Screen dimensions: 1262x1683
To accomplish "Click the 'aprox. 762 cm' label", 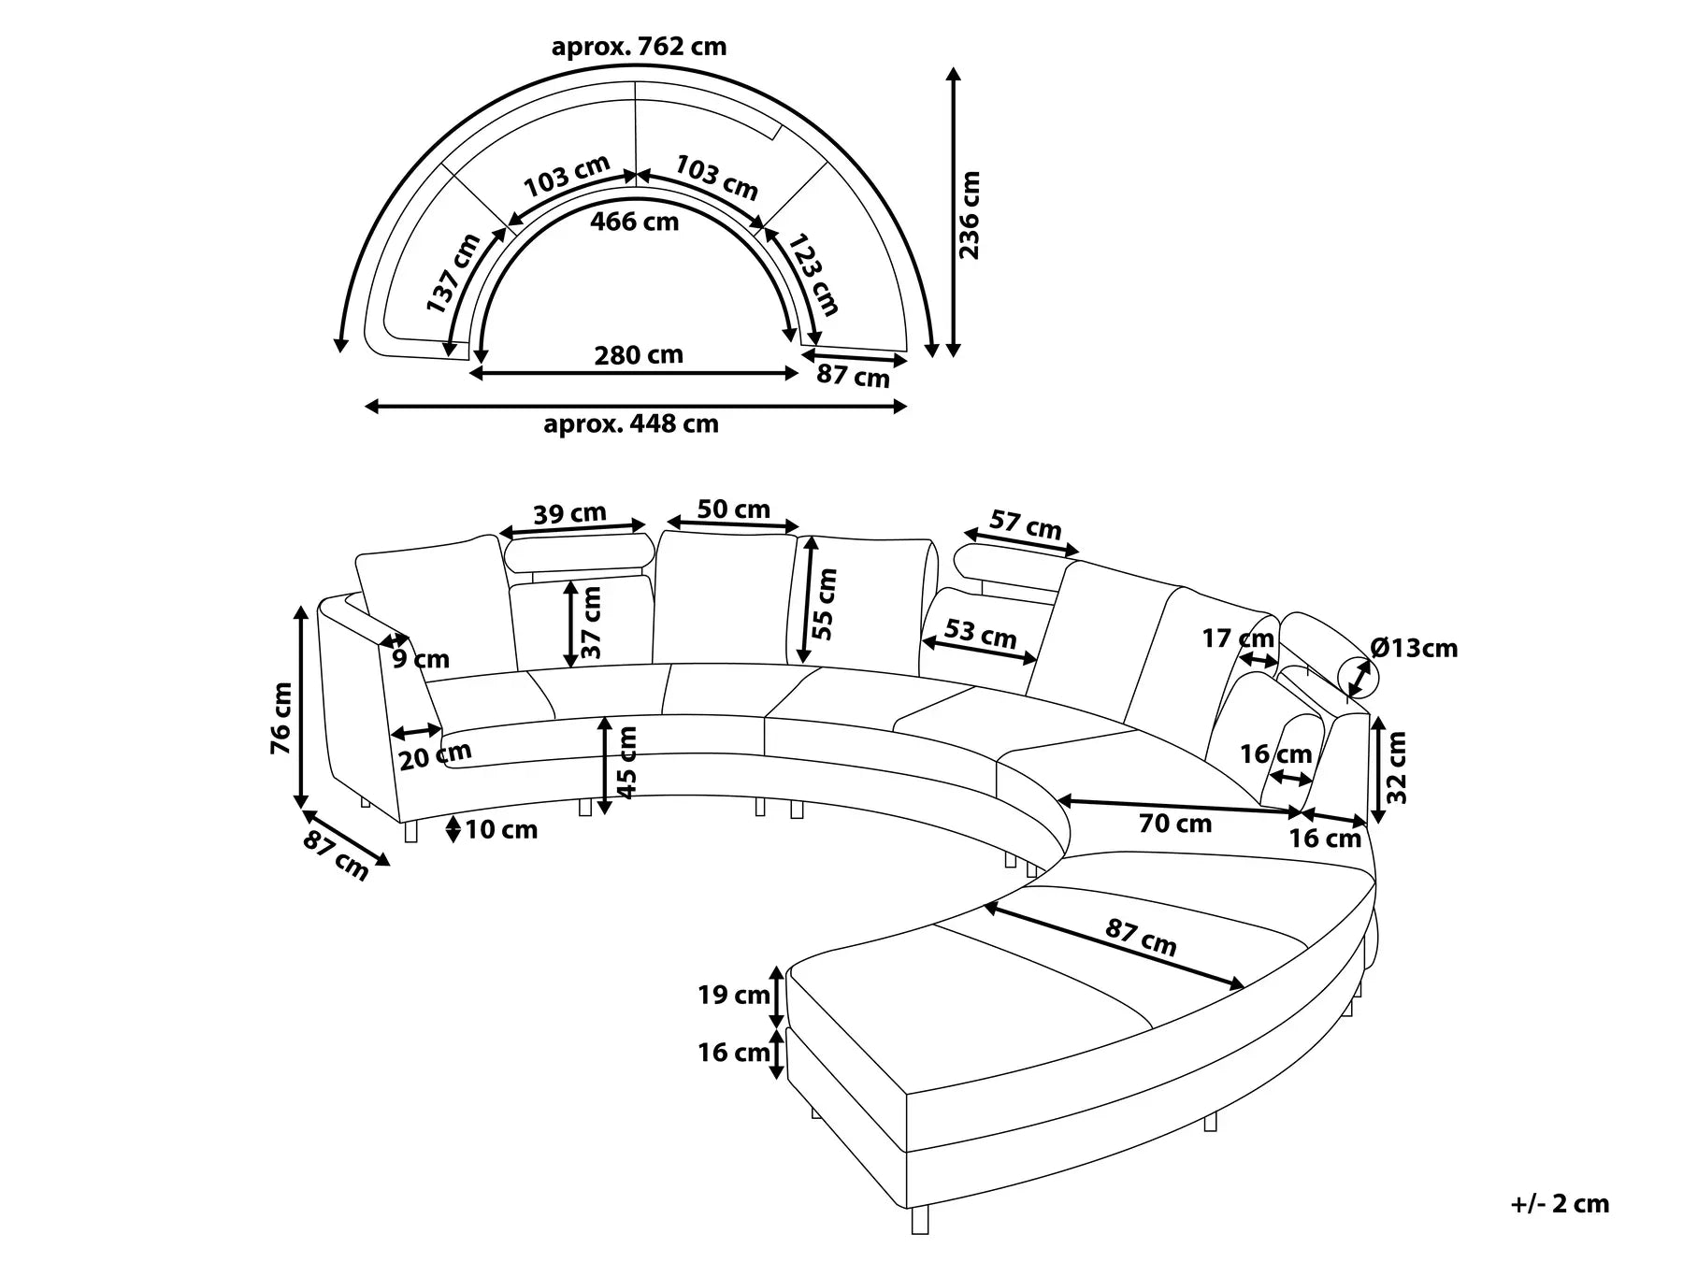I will [639, 47].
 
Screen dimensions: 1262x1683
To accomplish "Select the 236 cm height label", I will [971, 215].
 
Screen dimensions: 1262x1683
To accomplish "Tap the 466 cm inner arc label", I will [635, 222].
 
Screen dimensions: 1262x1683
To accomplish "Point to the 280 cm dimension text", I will [639, 355].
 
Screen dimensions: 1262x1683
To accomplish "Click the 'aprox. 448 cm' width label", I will [631, 423].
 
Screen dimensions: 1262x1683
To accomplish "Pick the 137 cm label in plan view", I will [453, 273].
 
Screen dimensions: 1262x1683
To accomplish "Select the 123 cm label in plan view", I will [813, 275].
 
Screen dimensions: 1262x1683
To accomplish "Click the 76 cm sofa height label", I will [281, 718].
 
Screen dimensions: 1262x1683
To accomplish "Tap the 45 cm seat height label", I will [628, 762].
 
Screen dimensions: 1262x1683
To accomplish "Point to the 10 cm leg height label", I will [501, 829].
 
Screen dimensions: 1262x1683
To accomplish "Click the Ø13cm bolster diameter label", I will [1413, 648].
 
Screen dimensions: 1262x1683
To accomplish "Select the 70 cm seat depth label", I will [1174, 824].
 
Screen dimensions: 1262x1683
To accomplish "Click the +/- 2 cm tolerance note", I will [1560, 1203].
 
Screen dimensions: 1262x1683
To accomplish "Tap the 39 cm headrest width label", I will [569, 513].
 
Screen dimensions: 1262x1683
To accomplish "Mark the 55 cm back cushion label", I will [825, 604].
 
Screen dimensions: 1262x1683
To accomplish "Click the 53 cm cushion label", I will [980, 633].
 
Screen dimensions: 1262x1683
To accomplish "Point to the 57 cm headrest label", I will [1026, 525].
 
